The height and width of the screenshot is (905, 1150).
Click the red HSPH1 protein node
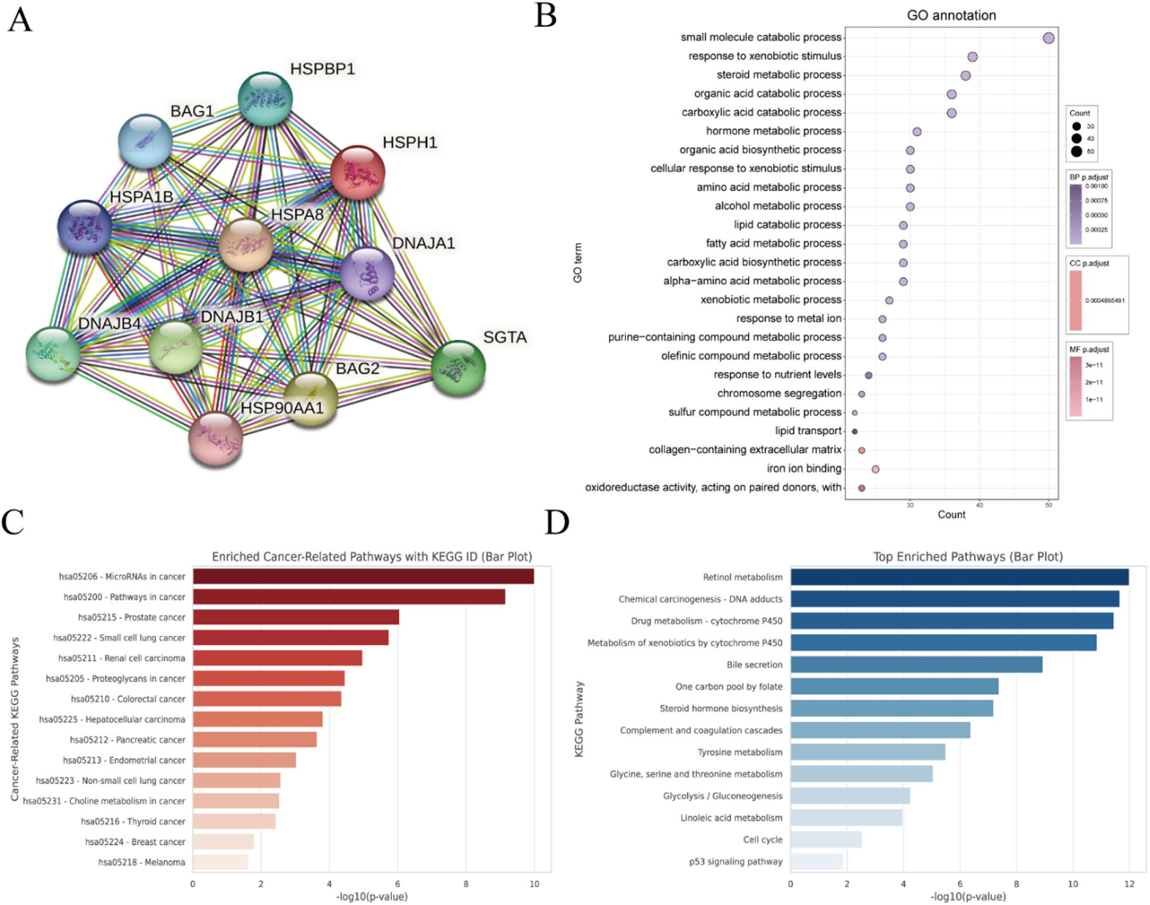coord(357,172)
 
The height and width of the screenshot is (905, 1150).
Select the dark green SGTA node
coord(458,367)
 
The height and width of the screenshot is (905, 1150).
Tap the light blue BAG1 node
coord(145,141)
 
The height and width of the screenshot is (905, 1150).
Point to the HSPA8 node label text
coord(297,215)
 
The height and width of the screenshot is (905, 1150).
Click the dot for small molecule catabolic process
coord(1048,38)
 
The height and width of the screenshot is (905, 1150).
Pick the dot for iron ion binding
coord(875,469)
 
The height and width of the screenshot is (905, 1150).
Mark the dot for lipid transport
coord(854,432)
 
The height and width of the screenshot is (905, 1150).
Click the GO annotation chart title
coord(951,15)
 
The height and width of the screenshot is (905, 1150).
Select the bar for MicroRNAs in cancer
coord(363,576)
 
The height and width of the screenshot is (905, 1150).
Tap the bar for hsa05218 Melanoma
coord(220,862)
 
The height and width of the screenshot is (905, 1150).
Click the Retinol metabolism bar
coord(959,577)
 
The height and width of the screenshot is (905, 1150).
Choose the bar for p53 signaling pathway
coord(817,861)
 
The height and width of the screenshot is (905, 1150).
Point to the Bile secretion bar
coord(916,665)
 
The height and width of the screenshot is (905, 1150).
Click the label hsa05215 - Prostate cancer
coord(132,617)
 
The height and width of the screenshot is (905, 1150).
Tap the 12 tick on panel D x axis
coord(1129,884)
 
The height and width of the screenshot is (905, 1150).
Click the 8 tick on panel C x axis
coord(466,884)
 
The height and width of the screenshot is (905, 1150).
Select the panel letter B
coord(545,16)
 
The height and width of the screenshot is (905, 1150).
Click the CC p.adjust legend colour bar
coord(1076,301)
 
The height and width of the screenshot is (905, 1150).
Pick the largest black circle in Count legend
coord(1076,152)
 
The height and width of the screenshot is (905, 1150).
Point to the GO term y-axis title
coord(577,263)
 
